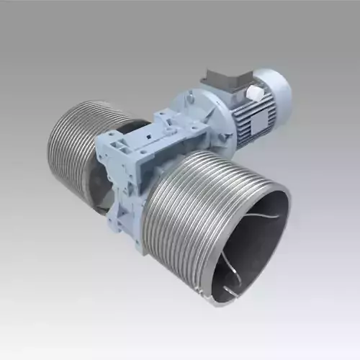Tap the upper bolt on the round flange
point(193,92)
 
